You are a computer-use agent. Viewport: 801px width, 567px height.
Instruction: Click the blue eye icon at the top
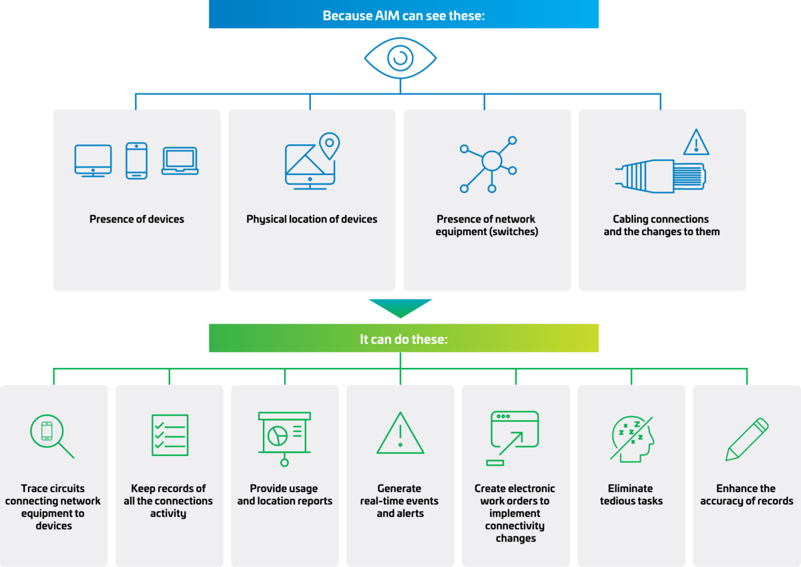(x=400, y=58)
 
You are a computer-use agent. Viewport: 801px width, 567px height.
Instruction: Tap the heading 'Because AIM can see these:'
(x=403, y=15)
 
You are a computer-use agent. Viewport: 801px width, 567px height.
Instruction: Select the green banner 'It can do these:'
(x=403, y=339)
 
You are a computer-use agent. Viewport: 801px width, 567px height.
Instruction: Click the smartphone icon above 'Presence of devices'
(x=137, y=160)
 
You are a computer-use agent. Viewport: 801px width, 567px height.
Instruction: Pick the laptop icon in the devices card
(x=180, y=162)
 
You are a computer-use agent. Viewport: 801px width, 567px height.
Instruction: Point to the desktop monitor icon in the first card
(x=93, y=160)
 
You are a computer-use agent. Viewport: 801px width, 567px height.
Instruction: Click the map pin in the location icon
(x=329, y=145)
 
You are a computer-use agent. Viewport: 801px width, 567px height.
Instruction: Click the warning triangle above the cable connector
(x=696, y=142)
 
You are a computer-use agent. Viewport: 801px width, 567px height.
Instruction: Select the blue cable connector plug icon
(x=661, y=176)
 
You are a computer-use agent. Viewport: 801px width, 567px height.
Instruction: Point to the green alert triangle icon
(x=400, y=434)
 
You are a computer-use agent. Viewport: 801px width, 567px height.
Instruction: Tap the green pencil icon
(x=747, y=439)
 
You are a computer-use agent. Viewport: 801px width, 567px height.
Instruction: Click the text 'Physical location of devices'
(x=312, y=219)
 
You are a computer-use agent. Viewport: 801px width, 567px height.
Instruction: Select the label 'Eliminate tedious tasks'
(x=631, y=495)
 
